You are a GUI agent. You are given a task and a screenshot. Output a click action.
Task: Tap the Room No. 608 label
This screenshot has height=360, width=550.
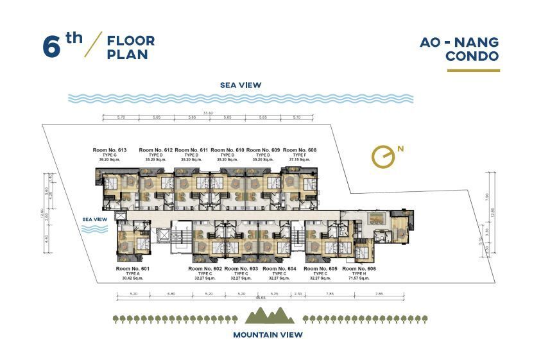[300, 150]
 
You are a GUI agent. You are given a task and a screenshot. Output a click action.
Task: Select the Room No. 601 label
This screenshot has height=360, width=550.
[133, 268]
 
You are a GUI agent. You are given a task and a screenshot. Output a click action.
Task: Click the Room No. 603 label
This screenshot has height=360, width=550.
[241, 268]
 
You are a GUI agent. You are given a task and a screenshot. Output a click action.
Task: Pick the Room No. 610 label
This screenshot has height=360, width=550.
[228, 150]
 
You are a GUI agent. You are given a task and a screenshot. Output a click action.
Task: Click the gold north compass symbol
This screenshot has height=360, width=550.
[384, 156]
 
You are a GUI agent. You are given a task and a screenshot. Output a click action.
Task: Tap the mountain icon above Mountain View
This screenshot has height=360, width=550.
[270, 315]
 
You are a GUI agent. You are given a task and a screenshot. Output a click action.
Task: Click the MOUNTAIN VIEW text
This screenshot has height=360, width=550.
[268, 334]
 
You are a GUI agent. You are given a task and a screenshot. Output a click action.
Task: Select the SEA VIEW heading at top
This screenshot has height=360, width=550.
[241, 85]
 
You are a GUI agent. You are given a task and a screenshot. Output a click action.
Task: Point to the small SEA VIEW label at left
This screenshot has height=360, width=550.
[94, 219]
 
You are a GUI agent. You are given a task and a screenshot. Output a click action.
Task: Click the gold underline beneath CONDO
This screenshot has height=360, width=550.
[473, 71]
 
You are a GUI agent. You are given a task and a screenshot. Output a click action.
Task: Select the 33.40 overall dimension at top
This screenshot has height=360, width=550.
[207, 113]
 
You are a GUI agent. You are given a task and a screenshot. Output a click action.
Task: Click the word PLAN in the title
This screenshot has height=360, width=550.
[128, 55]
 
